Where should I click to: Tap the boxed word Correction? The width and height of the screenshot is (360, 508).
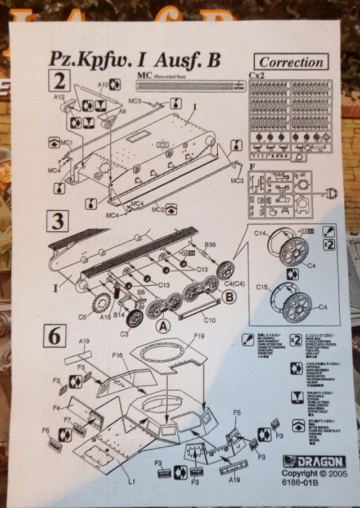tap(292, 62)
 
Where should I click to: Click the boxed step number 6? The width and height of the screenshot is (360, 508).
tap(55, 336)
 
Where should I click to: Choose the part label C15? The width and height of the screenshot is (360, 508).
tap(260, 288)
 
